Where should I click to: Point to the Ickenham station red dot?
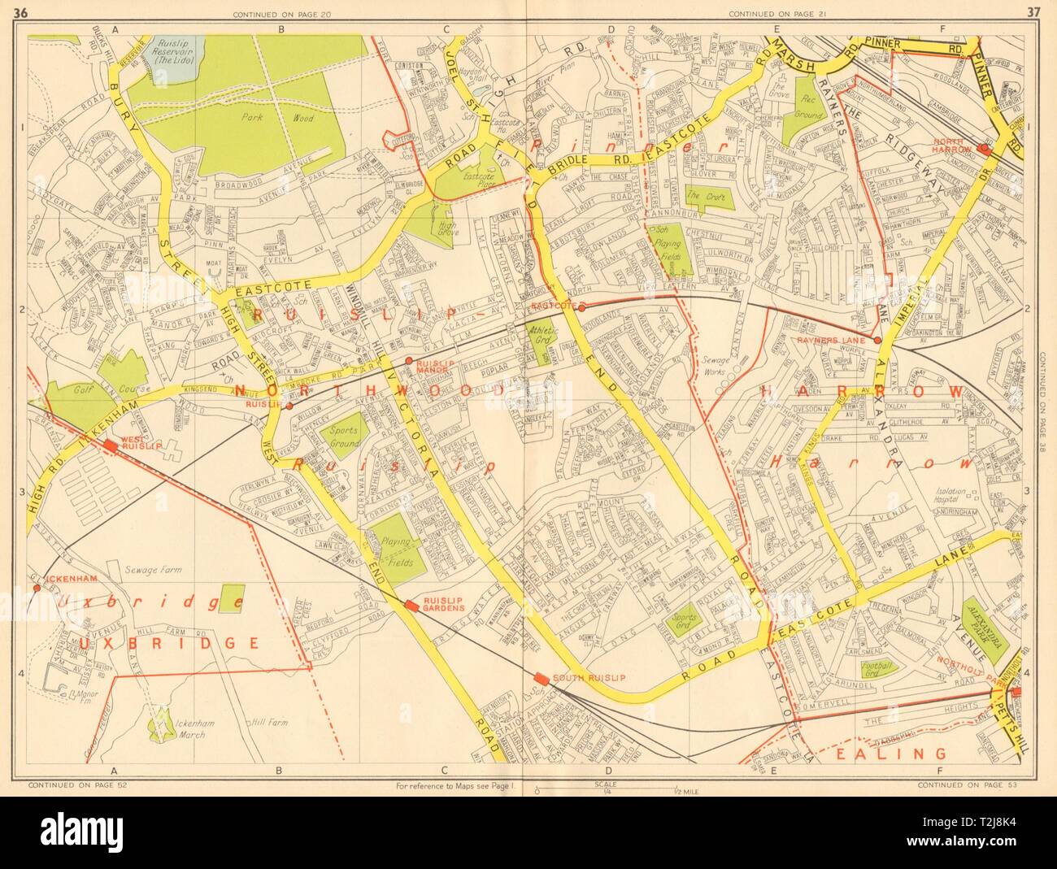[36, 588]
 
